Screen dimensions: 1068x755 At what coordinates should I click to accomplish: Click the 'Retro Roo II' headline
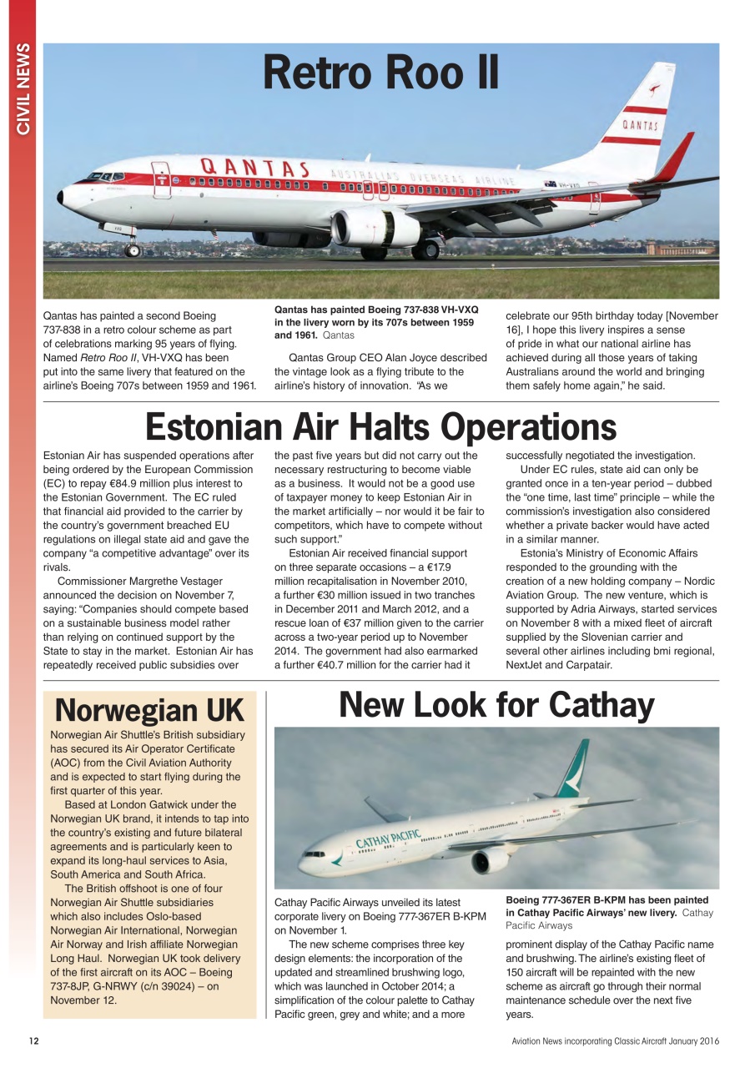point(380,73)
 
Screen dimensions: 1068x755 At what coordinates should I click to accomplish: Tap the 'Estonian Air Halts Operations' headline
point(380,427)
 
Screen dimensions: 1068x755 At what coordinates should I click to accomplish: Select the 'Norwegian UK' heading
point(149,711)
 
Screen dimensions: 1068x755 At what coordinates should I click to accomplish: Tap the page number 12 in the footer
point(33,1040)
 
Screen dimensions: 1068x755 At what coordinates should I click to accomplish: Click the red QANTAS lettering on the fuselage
point(254,167)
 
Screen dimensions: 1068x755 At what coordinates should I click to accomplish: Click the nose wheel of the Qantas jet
point(132,249)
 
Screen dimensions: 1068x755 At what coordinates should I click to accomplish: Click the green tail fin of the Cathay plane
point(573,768)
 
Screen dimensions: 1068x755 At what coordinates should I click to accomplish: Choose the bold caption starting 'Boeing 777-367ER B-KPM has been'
point(607,906)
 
